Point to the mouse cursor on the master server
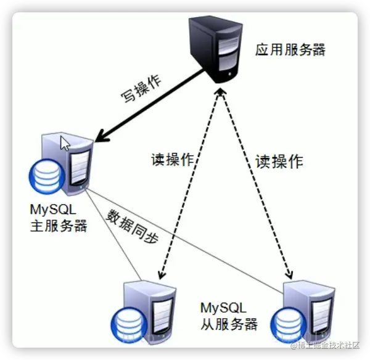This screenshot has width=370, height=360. tap(65, 144)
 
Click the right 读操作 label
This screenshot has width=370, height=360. tap(279, 162)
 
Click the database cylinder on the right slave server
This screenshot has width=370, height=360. tap(286, 323)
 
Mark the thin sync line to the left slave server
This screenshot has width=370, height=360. tap(114, 235)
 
